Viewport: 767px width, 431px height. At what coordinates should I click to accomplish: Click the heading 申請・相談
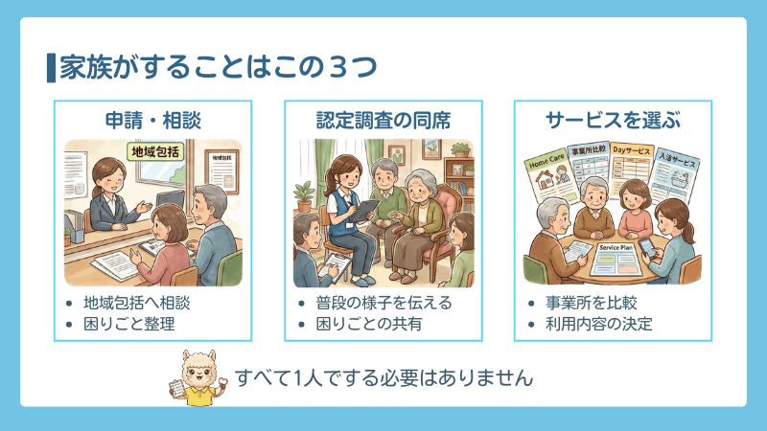[152, 120]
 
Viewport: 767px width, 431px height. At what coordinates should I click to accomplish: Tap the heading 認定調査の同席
[383, 120]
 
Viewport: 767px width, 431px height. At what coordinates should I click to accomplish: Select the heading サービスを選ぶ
[613, 120]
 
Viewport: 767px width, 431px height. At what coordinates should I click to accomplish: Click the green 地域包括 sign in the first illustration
[155, 150]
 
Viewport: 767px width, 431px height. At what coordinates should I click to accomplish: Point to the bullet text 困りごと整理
[128, 324]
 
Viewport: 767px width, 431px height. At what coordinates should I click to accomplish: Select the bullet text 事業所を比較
[590, 303]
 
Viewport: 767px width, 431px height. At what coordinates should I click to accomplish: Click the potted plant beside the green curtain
[304, 197]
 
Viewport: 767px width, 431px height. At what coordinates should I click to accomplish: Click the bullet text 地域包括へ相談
[137, 303]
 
